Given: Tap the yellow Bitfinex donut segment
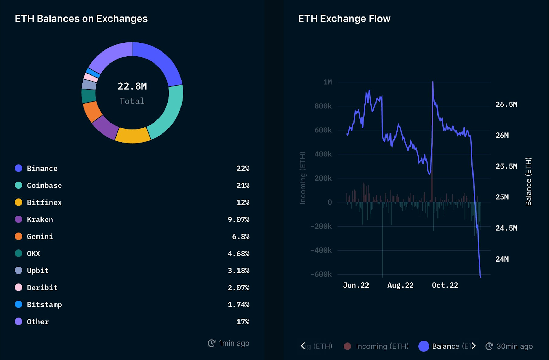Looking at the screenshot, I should pos(132,136).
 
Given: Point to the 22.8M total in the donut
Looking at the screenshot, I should pos(132,86).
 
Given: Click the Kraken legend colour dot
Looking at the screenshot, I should pos(19,219).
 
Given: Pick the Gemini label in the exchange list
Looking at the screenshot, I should pos(40,236).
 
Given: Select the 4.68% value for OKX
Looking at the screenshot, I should pos(238,254).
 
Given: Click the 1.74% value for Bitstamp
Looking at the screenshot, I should pos(238,305).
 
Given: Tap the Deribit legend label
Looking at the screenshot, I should pos(42,288).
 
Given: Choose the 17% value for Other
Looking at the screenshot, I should pos(243,322).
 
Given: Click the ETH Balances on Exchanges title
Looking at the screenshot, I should pos(81,19).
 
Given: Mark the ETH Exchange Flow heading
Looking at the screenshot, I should pos(344,19).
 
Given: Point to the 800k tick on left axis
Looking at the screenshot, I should pos(323,106).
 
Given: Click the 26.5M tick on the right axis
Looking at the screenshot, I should pos(506,104).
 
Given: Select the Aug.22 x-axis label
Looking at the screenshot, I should pos(400,285).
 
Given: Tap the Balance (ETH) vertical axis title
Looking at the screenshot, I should pos(528,181).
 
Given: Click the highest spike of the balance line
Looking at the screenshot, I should pos(433,82).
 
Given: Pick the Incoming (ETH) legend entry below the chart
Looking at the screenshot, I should pos(382,346).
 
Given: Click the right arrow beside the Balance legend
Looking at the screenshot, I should pos(474,346).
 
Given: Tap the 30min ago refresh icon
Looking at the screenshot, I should pos(489,346).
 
